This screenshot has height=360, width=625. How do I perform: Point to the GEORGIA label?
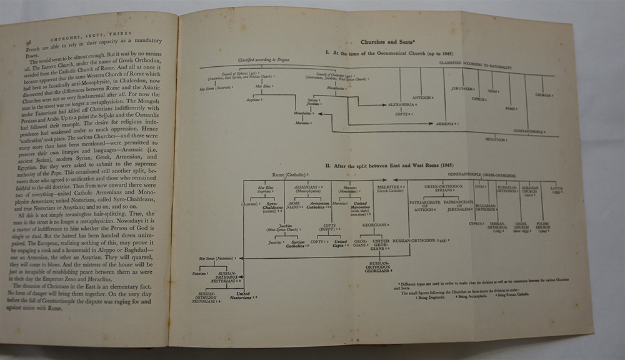tap(543, 95)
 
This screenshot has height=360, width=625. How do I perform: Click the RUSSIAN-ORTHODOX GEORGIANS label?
tap(377, 266)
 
